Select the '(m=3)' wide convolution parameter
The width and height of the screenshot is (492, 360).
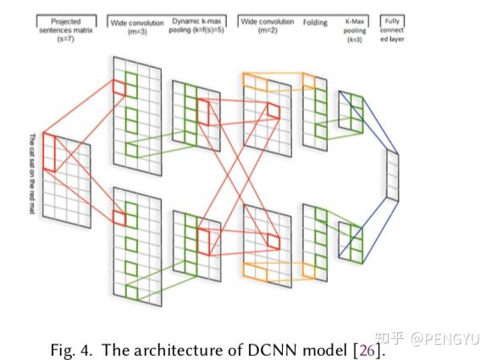[139, 30]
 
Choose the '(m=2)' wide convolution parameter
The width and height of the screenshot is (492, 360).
[267, 30]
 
